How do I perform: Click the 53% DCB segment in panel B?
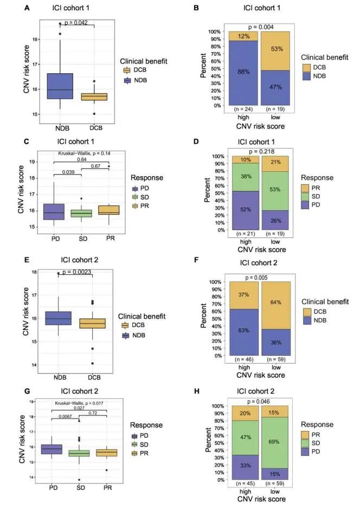[x=277, y=50]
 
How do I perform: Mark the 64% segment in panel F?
[x=277, y=302]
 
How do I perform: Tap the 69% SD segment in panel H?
[x=277, y=442]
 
